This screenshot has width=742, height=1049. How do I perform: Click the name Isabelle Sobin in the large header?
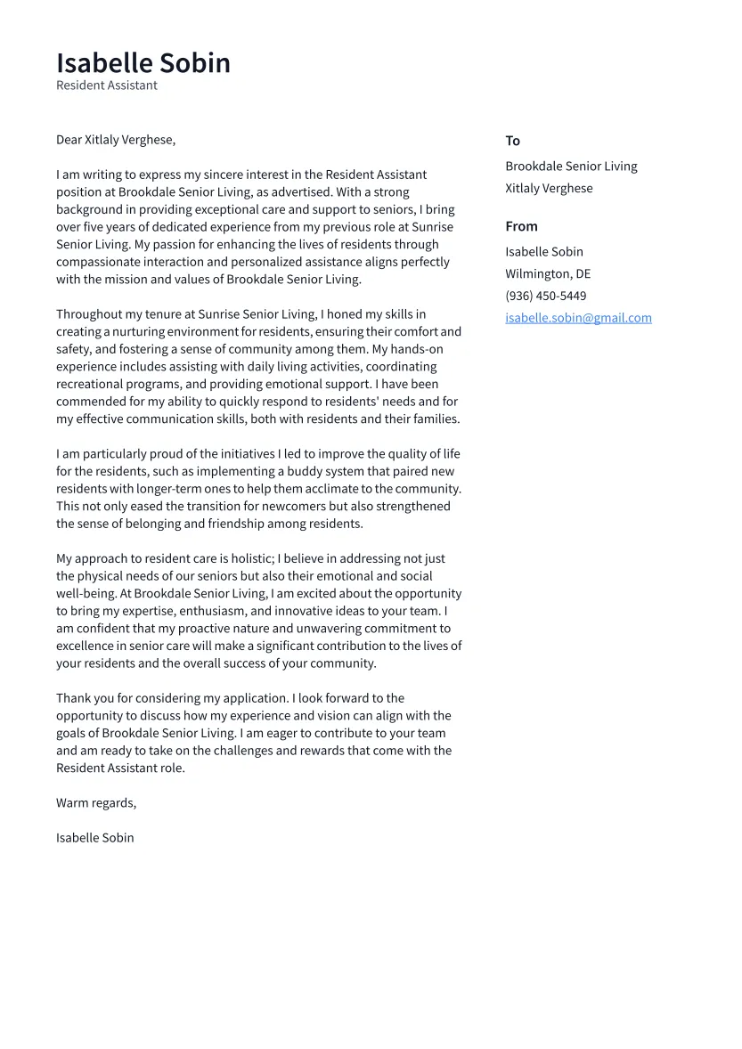[x=143, y=63]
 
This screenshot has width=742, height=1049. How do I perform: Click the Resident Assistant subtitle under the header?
[x=107, y=85]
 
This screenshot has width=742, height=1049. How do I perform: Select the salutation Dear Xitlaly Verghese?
[x=116, y=140]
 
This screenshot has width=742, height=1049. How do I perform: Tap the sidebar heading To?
[x=512, y=141]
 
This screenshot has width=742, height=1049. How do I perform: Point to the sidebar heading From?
[x=521, y=226]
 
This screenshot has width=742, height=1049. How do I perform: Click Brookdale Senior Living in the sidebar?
[x=571, y=167]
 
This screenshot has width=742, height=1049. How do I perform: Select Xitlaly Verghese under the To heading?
[x=549, y=189]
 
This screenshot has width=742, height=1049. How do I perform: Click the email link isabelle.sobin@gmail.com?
[x=578, y=318]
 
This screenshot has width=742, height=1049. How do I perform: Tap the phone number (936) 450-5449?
[x=545, y=296]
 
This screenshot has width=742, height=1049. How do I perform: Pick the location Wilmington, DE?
[x=548, y=273]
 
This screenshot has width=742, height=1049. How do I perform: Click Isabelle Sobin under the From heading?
[x=544, y=252]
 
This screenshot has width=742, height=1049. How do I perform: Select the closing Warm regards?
[x=96, y=803]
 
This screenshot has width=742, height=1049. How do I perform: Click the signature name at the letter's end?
[x=95, y=838]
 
